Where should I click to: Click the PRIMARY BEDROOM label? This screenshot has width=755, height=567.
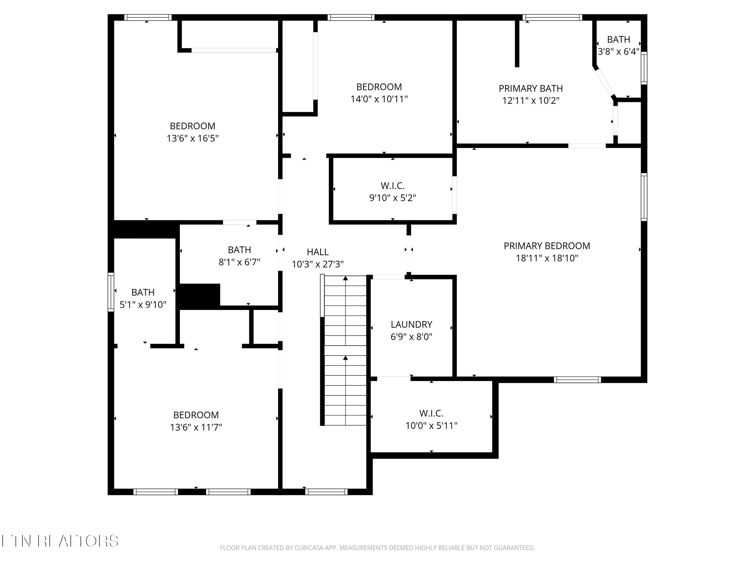[547, 246]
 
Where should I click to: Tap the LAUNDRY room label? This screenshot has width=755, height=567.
[411, 324]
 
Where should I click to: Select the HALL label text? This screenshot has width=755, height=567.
[317, 252]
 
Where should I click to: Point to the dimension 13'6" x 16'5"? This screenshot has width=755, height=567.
[193, 138]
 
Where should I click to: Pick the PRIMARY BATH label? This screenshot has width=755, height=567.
[531, 88]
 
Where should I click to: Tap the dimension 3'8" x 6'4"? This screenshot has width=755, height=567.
[619, 52]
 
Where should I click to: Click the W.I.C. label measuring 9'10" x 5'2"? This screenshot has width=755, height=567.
[393, 186]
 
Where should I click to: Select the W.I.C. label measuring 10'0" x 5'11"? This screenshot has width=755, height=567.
[431, 413]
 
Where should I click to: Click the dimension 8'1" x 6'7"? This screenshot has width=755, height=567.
[239, 262]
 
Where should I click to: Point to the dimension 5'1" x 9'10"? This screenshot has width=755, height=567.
[143, 304]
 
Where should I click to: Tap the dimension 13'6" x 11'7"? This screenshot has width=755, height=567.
[196, 427]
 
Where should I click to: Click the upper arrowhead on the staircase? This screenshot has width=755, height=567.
[346, 278]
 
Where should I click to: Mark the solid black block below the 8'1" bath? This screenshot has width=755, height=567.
[200, 296]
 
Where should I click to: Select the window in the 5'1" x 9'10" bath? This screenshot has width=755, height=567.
[111, 292]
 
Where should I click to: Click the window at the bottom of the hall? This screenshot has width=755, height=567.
[326, 492]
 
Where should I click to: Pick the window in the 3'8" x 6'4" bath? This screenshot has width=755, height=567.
[644, 68]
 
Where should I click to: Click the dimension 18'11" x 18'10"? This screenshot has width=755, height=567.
[547, 258]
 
